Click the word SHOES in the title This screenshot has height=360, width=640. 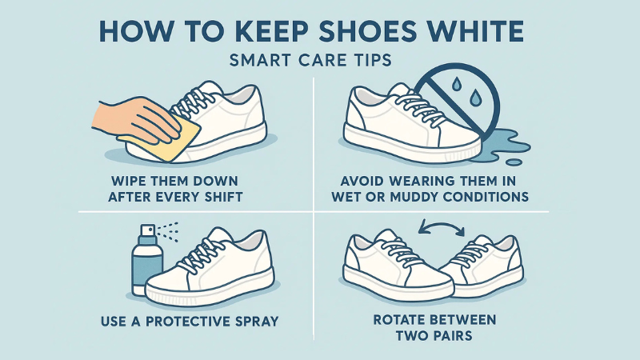click(356, 34)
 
